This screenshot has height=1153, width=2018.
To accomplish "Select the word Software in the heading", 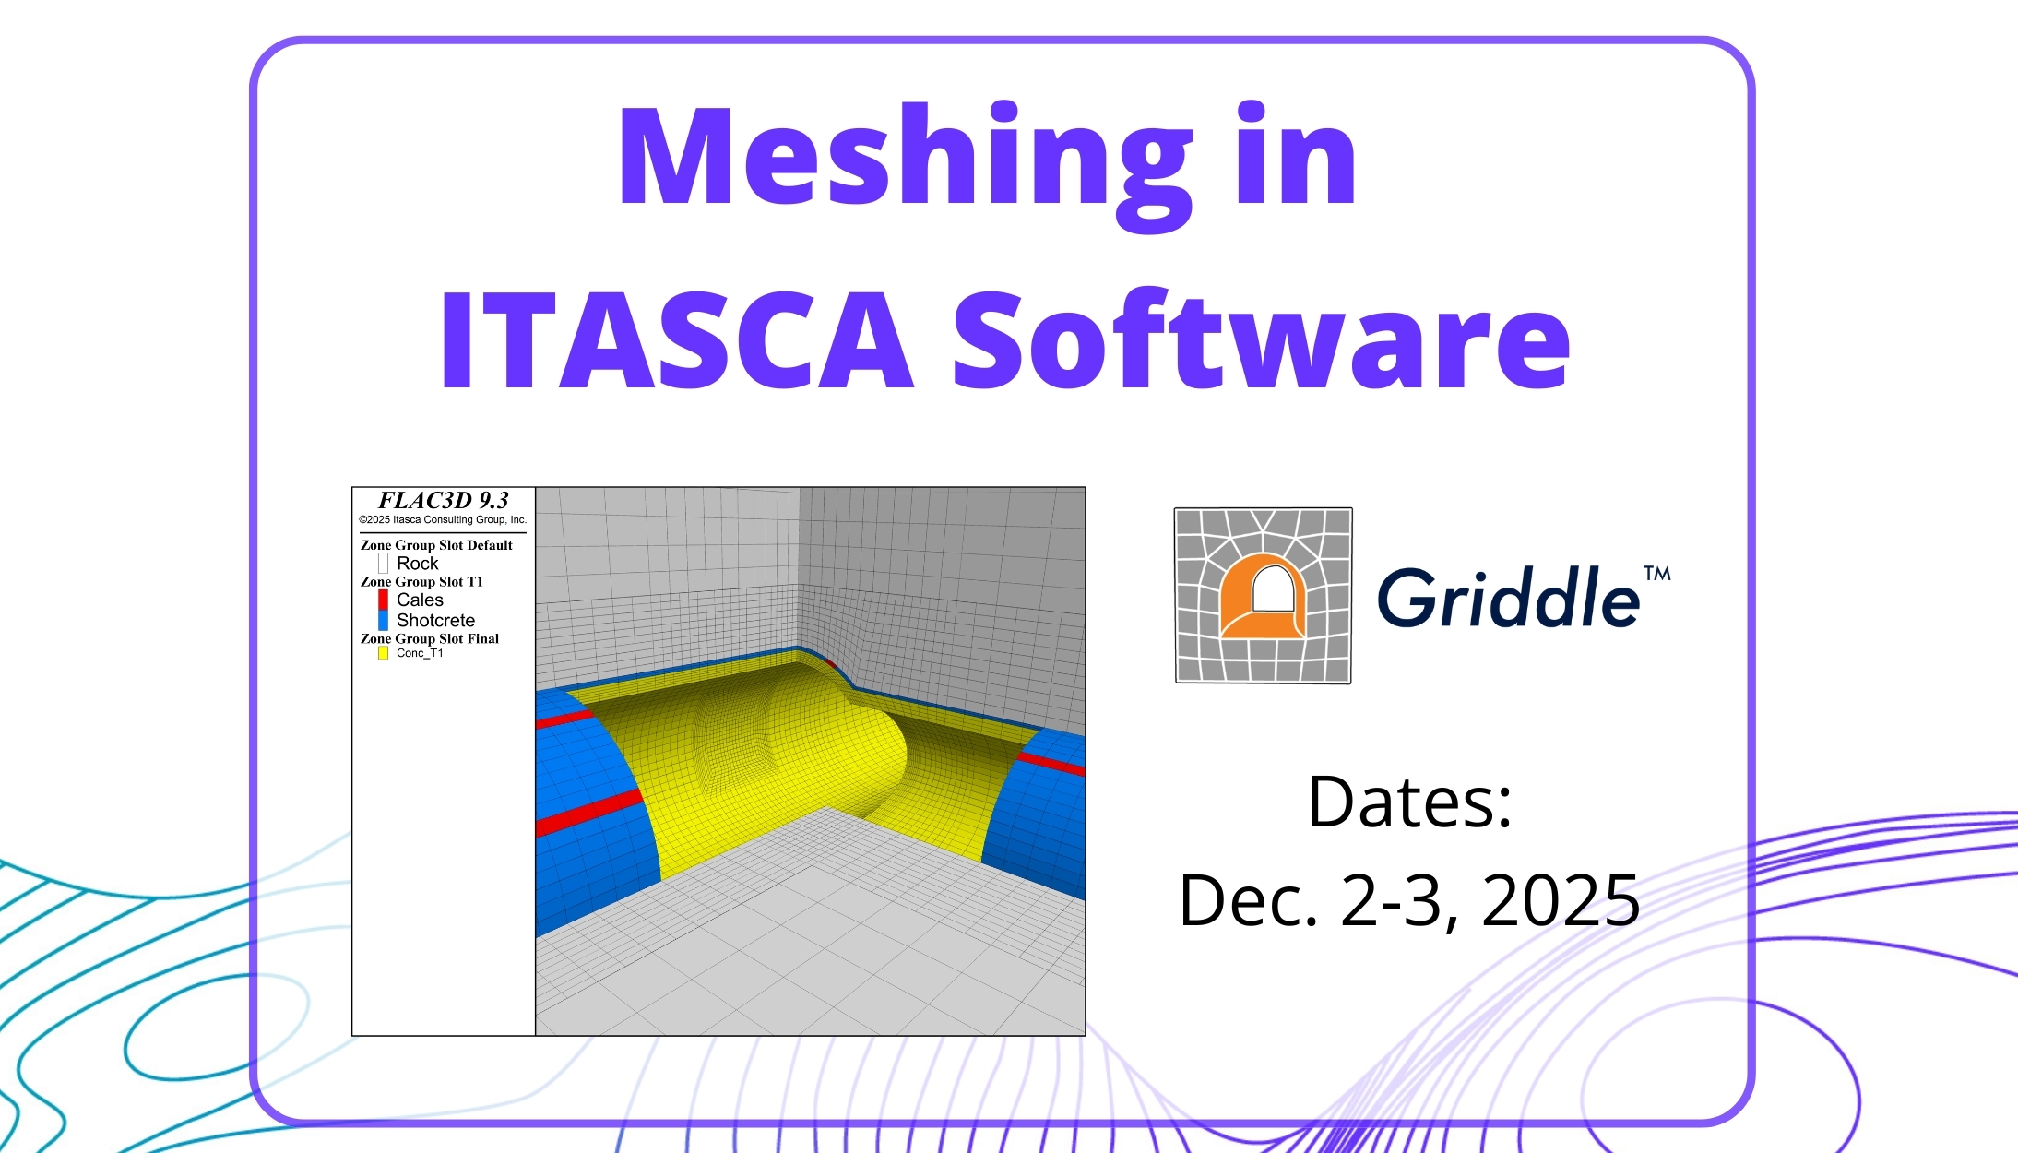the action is point(1261,340).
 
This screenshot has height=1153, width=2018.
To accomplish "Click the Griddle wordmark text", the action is point(1508,598).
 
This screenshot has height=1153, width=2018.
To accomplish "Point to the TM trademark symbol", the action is point(1656,574).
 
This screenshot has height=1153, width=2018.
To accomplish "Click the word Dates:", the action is point(1410,802).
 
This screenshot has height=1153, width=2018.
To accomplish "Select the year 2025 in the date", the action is point(1561,899).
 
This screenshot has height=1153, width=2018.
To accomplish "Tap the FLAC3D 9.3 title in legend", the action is point(444,501).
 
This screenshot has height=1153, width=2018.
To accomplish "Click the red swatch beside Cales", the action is point(383,600).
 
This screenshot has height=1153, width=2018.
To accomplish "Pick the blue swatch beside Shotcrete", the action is point(383,621).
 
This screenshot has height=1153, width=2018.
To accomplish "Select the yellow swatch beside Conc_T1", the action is point(383,653).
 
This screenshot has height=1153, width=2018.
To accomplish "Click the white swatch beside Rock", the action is point(383,563).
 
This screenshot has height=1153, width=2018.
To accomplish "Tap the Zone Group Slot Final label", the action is point(430,638).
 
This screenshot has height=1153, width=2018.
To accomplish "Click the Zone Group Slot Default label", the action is point(436,545).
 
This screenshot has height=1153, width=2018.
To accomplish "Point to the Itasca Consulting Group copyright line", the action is point(443,520).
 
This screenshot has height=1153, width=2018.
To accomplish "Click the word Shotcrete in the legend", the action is point(435,621).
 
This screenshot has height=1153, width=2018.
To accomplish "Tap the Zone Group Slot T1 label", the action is point(421,582).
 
